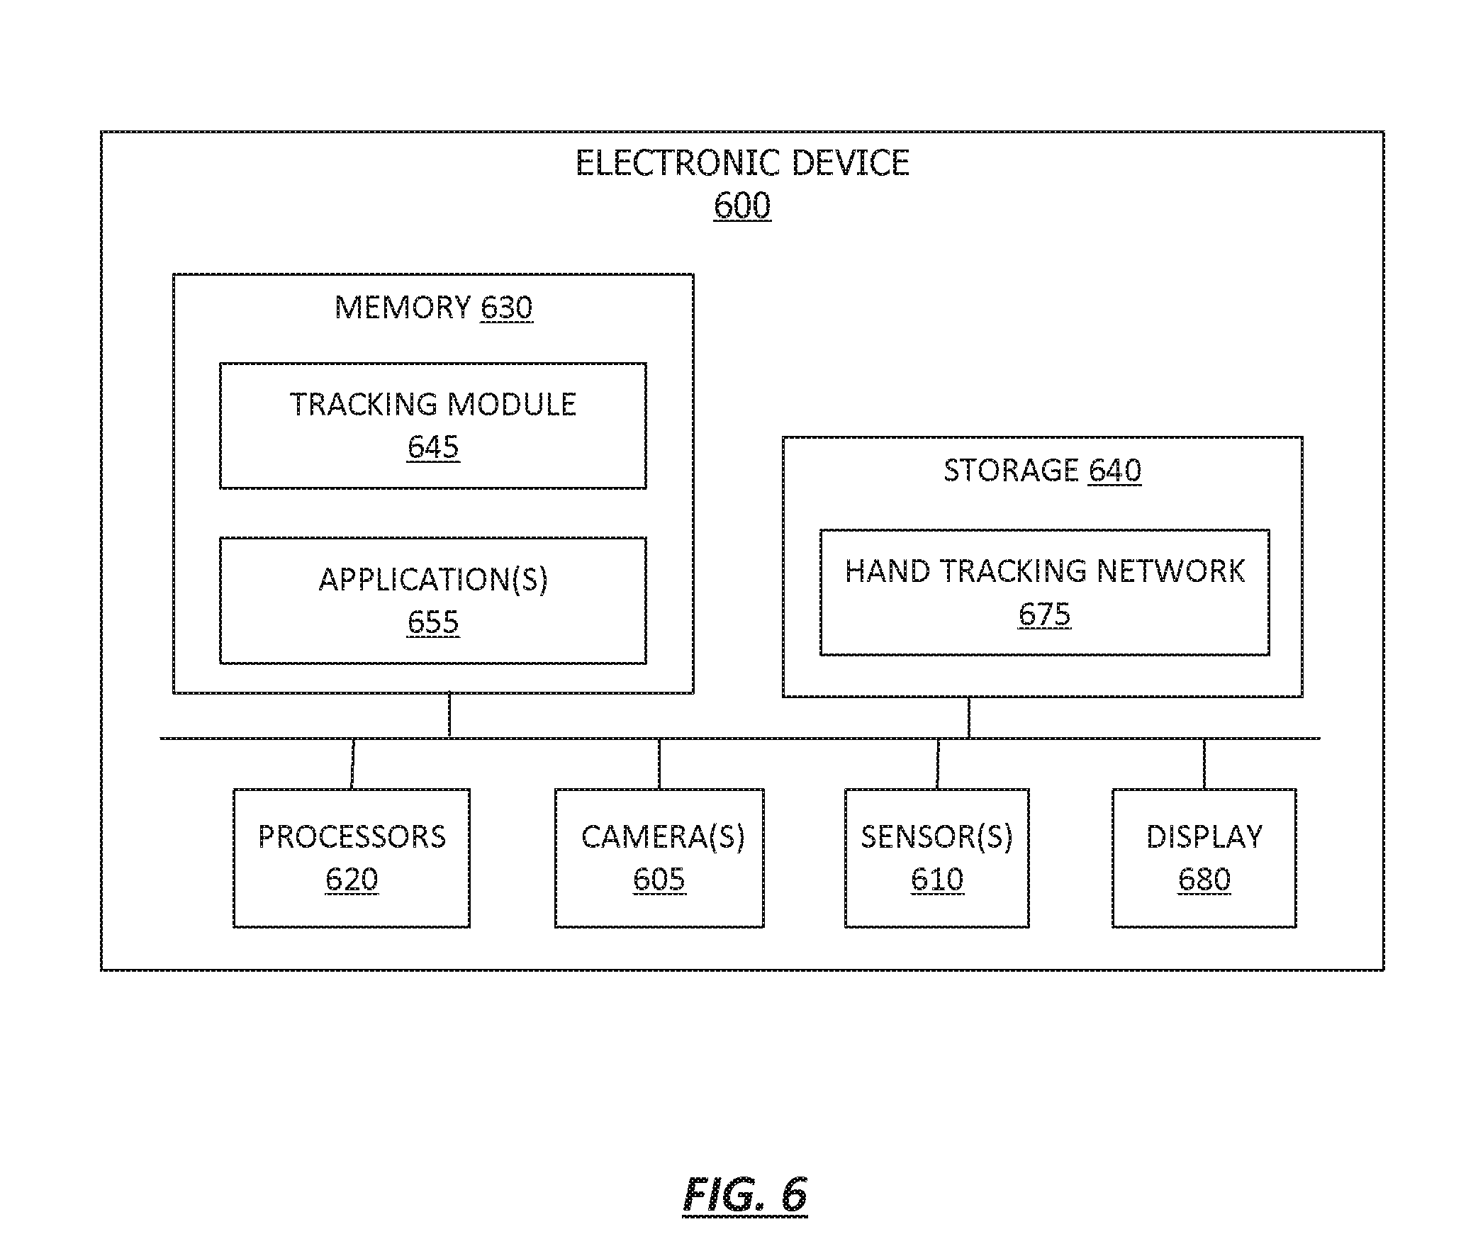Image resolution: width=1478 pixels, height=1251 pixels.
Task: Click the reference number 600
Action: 742,206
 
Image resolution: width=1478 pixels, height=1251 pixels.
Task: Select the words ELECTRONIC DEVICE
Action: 742,162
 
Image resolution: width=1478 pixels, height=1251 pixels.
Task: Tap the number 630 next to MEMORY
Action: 505,308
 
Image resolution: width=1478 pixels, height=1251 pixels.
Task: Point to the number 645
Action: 432,447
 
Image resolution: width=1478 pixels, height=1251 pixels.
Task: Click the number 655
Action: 432,622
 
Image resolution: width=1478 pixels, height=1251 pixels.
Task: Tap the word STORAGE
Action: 1011,470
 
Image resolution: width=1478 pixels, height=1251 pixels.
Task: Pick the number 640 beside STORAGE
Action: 1114,470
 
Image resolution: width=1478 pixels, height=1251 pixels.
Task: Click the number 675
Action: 1044,614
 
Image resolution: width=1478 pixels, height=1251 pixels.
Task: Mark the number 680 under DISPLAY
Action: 1204,880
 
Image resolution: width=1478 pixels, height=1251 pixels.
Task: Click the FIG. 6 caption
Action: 745,1196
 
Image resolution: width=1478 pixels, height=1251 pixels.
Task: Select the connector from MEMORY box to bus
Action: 449,716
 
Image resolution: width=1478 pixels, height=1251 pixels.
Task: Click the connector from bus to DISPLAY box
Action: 1204,764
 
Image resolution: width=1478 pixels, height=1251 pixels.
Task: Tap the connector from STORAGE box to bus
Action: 969,718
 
